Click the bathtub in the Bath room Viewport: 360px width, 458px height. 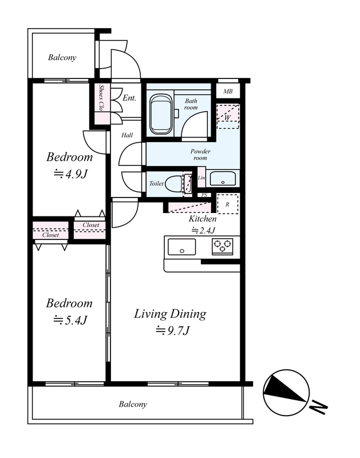coord(160,114)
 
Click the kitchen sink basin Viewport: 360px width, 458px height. coord(181,247)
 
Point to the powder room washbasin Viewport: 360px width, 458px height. coord(223,179)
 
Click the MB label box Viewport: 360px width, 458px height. coord(228,91)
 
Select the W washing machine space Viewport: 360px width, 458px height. coord(228,116)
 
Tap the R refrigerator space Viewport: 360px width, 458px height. coord(227,204)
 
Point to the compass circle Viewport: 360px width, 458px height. coord(286,392)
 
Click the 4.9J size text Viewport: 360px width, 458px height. coord(70,174)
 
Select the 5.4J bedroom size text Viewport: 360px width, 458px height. coord(70,320)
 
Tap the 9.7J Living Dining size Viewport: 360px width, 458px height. coord(172,331)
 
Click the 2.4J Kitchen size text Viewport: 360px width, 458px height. coord(203,231)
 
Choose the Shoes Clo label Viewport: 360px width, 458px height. coord(102,98)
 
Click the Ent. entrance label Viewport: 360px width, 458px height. coord(129,97)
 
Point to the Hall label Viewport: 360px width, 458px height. coord(127,135)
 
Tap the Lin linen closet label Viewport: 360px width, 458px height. coord(201,177)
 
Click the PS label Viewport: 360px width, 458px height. coord(204,195)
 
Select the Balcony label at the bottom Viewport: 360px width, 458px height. coord(133,404)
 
